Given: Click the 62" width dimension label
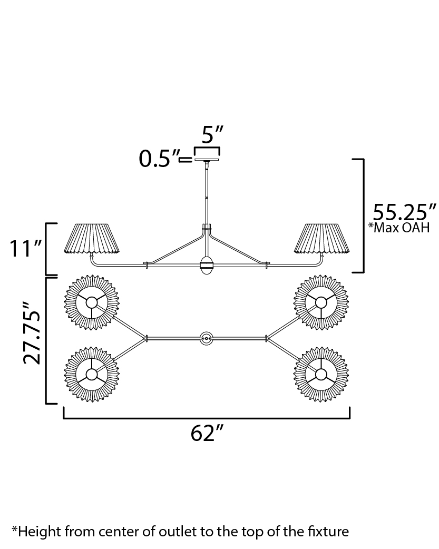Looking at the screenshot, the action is pyautogui.click(x=207, y=434).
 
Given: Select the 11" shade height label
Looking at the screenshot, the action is pyautogui.click(x=24, y=248).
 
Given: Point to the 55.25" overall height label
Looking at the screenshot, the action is pyautogui.click(x=404, y=212).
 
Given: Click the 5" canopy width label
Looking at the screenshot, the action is pyautogui.click(x=212, y=134).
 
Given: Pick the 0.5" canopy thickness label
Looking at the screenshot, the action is pyautogui.click(x=159, y=159).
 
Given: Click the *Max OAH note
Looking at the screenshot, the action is pyautogui.click(x=399, y=228).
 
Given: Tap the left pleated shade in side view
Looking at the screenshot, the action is pyautogui.click(x=92, y=239).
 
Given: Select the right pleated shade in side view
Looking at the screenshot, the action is pyautogui.click(x=322, y=239).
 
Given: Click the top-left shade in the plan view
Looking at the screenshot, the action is pyautogui.click(x=92, y=302).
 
